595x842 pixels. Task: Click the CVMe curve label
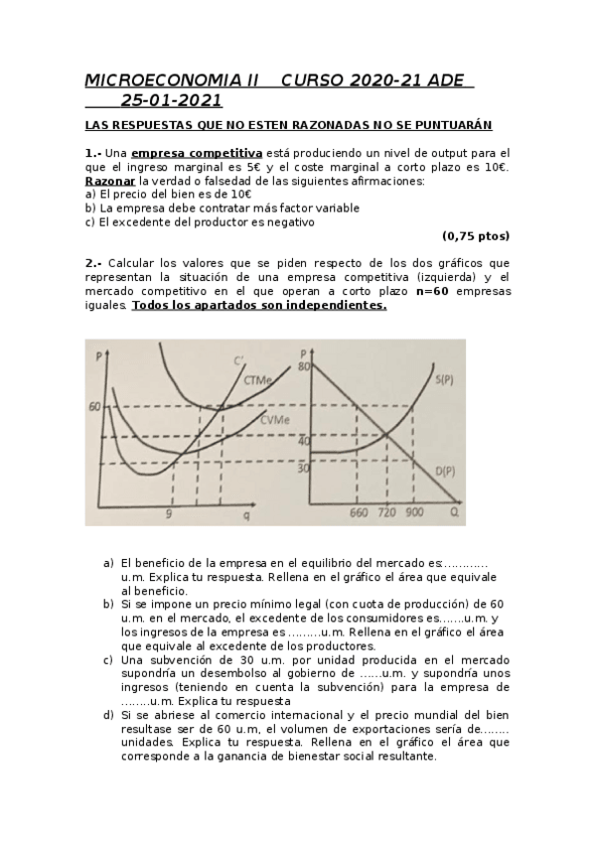275,421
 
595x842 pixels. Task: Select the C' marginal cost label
239,359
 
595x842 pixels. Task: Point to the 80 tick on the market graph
304,367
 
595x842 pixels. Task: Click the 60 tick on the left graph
94,406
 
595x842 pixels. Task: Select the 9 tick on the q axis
169,513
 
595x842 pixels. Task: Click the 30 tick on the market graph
303,467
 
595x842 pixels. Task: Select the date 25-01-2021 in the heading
171,100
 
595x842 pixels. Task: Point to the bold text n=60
433,292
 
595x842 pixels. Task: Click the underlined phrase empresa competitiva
197,153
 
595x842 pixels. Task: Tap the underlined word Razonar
110,181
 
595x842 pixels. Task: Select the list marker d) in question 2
108,714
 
